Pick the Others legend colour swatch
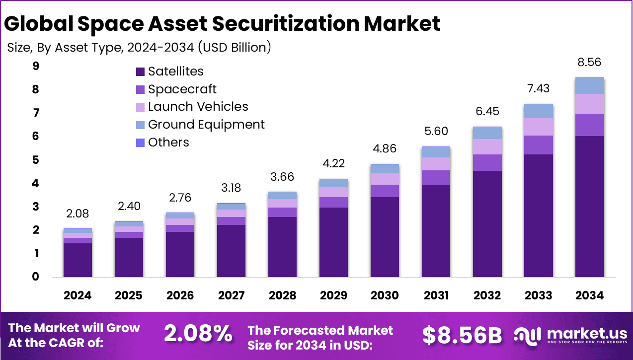pyautogui.click(x=140, y=143)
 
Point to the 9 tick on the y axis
pyautogui.click(x=36, y=66)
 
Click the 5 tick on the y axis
pyautogui.click(x=36, y=160)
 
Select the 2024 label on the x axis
pyautogui.click(x=78, y=295)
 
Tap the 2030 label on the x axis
pyautogui.click(x=385, y=295)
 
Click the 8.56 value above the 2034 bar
pyautogui.click(x=590, y=63)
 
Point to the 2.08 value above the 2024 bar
pyautogui.click(x=78, y=214)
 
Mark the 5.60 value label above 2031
pyautogui.click(x=436, y=132)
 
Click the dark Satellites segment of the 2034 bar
pyautogui.click(x=590, y=206)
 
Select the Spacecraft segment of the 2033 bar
pyautogui.click(x=539, y=145)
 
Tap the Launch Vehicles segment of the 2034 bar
pyautogui.click(x=590, y=104)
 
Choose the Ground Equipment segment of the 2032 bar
pyautogui.click(x=487, y=133)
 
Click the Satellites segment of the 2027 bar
pyautogui.click(x=231, y=251)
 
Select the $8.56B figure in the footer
pyautogui.click(x=462, y=335)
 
